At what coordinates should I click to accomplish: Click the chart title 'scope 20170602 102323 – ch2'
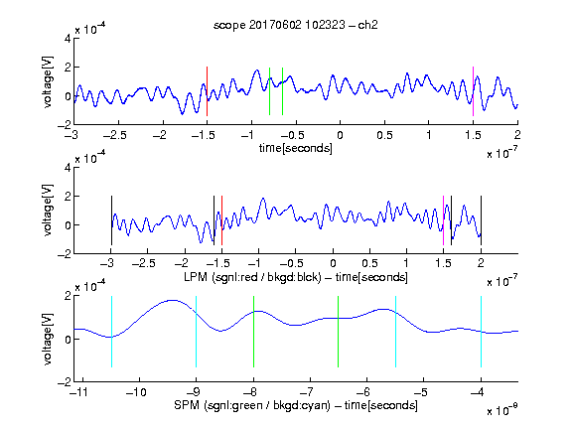click(x=296, y=25)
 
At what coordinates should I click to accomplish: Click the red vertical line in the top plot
click(x=207, y=91)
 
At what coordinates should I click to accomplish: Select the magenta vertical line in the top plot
click(x=473, y=91)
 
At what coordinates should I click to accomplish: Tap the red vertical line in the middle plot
click(x=221, y=220)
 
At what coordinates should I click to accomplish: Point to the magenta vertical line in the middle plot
click(x=443, y=220)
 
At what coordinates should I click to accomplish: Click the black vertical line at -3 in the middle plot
click(x=111, y=220)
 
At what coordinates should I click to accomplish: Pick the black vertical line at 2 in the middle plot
click(x=481, y=220)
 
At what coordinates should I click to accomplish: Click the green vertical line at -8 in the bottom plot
click(x=253, y=332)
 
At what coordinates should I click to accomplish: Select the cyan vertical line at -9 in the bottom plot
click(x=197, y=332)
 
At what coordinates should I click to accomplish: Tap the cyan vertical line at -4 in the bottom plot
click(x=481, y=332)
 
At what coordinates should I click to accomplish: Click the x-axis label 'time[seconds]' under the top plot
click(x=296, y=149)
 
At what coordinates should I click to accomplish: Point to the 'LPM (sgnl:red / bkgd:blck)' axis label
click(x=252, y=277)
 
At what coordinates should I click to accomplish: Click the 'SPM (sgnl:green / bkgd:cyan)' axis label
click(x=252, y=405)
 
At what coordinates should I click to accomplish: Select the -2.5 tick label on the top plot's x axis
click(x=114, y=135)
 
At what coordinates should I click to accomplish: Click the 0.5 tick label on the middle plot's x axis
click(x=369, y=263)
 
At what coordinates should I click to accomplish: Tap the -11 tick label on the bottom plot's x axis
click(x=78, y=392)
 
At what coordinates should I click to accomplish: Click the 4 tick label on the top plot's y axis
click(x=68, y=38)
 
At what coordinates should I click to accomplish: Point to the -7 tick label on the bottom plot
click(x=307, y=392)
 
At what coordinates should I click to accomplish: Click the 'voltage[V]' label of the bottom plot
click(x=48, y=340)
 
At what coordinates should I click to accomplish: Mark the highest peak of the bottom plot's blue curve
click(x=172, y=300)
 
